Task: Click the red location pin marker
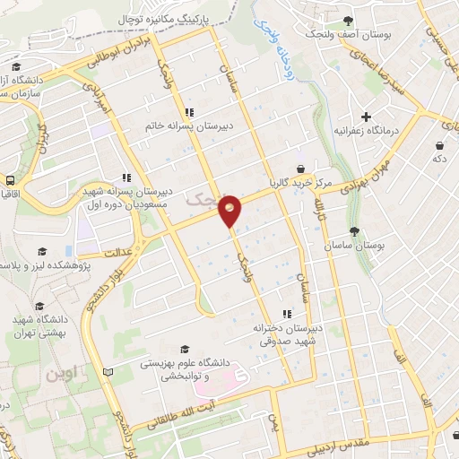tap(231, 210)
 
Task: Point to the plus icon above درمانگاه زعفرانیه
tap(366, 117)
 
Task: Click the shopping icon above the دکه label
tap(439, 144)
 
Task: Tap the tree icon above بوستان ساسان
tap(355, 230)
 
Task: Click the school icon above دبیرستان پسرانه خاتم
tap(189, 113)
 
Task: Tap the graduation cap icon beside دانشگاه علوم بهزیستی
tap(186, 349)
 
